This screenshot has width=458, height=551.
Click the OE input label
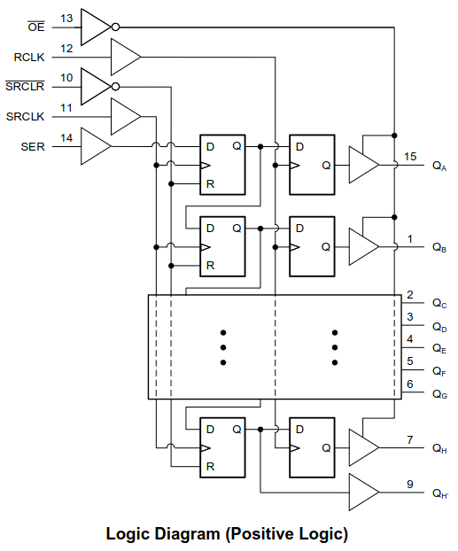pos(36,27)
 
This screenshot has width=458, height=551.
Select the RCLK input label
pos(29,57)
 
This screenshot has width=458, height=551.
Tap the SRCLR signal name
pos(25,86)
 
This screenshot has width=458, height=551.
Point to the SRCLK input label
pos(26,116)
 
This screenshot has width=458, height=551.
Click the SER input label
pos(33,146)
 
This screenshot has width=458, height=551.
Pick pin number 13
pos(66,19)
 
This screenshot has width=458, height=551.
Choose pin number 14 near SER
pos(66,138)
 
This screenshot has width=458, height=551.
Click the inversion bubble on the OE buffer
pos(115,27)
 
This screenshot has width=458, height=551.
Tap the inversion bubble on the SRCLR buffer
pos(115,87)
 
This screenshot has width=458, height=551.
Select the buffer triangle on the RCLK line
pos(126,57)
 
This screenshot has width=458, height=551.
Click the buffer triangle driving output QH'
pos(364,492)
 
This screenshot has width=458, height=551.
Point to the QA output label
pos(439,166)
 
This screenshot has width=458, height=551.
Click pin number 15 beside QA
pos(410,157)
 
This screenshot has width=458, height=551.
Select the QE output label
pos(439,349)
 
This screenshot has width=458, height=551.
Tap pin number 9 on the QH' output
pos(410,485)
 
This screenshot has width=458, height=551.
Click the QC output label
pos(439,304)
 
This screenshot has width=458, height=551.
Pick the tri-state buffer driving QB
pos(364,246)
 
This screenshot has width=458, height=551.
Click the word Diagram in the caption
pos(187,534)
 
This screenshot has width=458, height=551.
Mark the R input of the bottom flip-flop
pos(210,466)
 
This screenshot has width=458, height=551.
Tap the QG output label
pos(439,394)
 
